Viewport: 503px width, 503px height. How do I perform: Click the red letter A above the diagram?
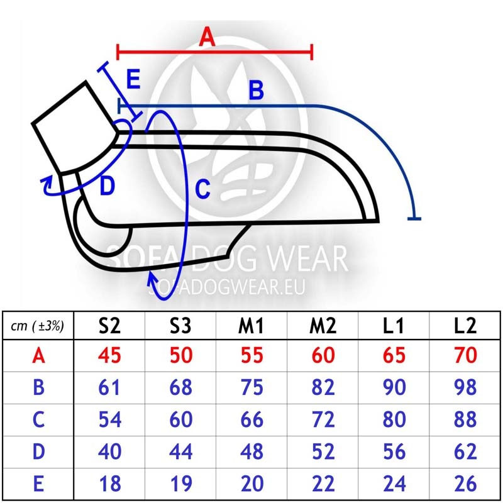[207, 36]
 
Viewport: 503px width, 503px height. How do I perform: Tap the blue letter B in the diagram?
[257, 90]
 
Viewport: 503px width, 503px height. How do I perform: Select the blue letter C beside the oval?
[202, 189]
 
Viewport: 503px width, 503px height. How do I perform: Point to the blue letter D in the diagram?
[107, 186]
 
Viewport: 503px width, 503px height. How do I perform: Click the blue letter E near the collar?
[133, 79]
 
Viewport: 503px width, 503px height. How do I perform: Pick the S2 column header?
[109, 326]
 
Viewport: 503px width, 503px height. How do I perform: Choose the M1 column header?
[251, 326]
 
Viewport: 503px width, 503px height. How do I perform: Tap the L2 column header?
[465, 326]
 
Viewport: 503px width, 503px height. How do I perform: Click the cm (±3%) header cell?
[37, 326]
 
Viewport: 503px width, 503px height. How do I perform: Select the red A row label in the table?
[38, 356]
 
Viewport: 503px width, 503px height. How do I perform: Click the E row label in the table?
[38, 484]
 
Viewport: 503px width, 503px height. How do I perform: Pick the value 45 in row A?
[109, 355]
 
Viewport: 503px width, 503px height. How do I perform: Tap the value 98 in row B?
[465, 387]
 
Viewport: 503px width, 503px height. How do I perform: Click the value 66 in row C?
[252, 419]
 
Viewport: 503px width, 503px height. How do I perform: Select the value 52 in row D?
[323, 451]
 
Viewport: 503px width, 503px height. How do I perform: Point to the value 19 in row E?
[180, 484]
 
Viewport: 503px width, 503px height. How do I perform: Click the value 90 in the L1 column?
[394, 387]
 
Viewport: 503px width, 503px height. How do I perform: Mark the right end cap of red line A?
[311, 52]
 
